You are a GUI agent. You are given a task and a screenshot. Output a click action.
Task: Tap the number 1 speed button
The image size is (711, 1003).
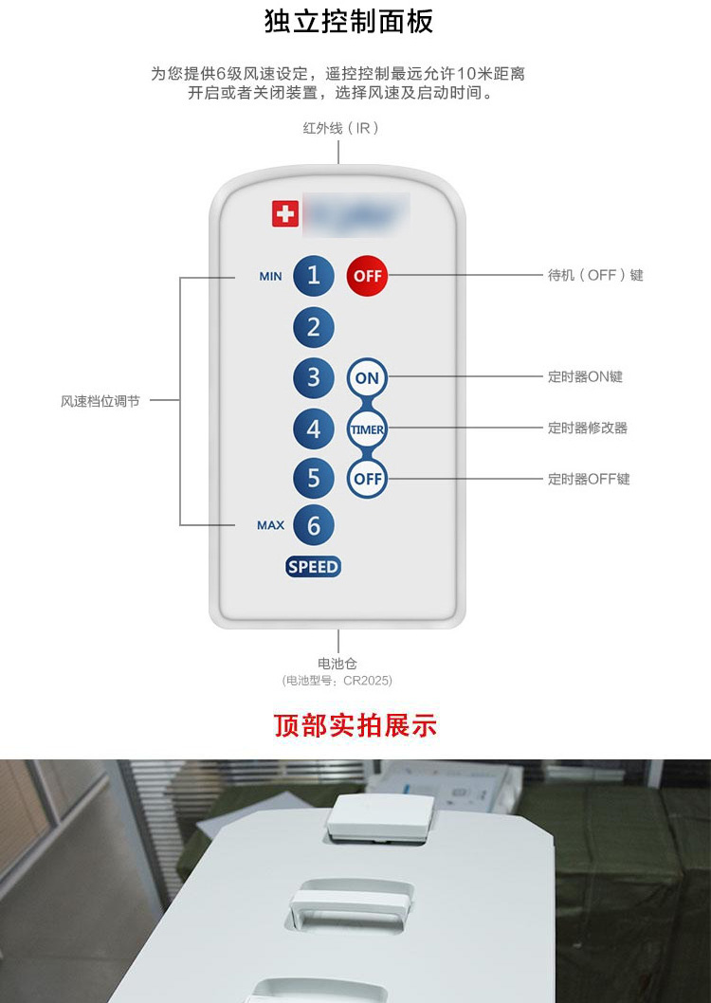(x=314, y=276)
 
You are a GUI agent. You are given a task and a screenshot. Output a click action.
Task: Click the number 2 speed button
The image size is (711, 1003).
(x=314, y=328)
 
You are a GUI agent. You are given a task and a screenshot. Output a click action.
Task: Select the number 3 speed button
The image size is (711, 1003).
(x=314, y=377)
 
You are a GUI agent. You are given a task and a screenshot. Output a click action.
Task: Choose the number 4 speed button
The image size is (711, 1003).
(x=314, y=429)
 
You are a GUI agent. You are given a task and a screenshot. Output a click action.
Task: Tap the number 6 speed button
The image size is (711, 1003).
(x=314, y=524)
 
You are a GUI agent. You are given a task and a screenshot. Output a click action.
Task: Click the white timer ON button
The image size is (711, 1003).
(x=367, y=377)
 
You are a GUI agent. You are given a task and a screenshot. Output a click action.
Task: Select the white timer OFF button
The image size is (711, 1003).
(x=367, y=479)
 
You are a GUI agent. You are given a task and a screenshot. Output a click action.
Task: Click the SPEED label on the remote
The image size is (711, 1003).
(x=313, y=567)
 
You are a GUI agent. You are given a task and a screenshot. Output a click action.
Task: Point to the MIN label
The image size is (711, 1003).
(x=270, y=277)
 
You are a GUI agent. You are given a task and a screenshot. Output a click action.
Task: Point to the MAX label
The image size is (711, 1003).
(x=270, y=525)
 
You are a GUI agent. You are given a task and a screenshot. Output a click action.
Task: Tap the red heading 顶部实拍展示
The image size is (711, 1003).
(x=355, y=726)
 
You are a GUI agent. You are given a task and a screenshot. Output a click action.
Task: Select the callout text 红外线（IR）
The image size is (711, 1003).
(x=341, y=128)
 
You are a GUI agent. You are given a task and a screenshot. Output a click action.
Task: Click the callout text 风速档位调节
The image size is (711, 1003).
(x=100, y=401)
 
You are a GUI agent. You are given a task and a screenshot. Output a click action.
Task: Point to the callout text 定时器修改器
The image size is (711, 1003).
(x=588, y=428)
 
